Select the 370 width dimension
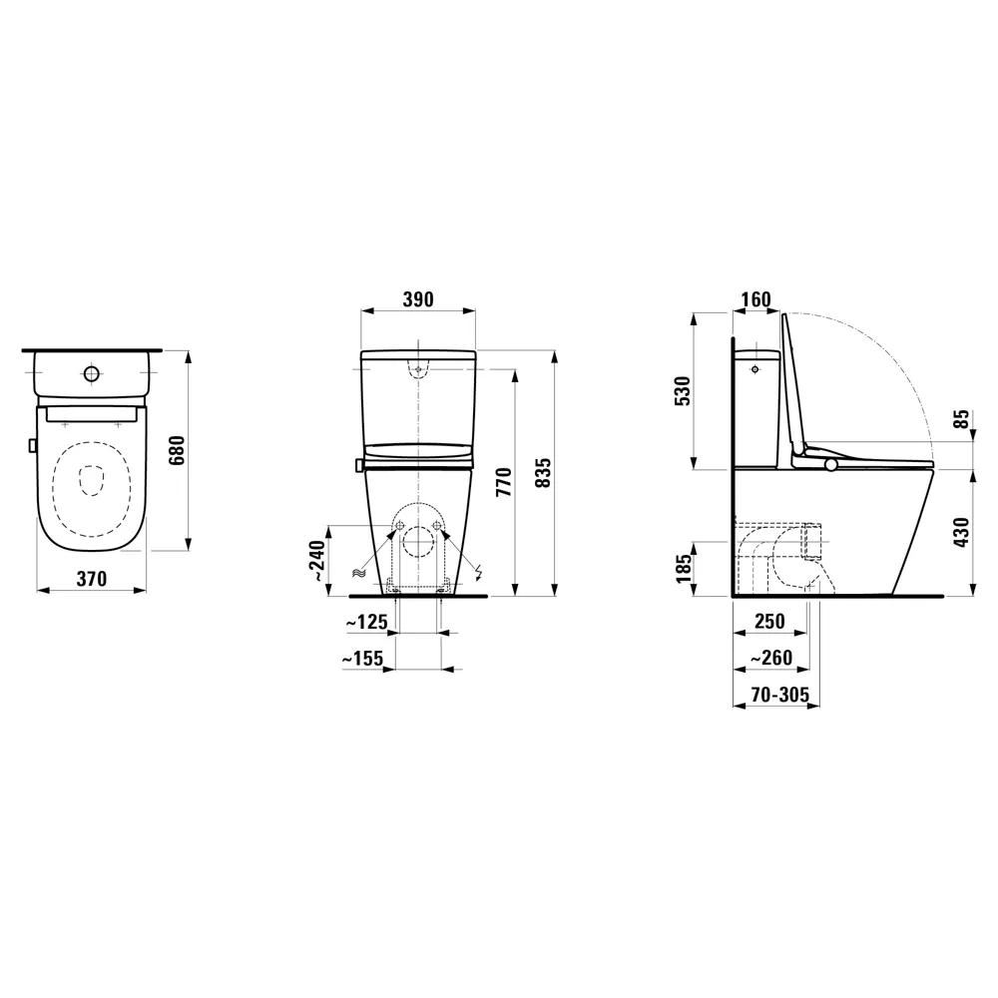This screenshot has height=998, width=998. [x=91, y=578]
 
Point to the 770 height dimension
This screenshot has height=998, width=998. [x=503, y=482]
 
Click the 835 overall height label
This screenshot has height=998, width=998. [x=543, y=471]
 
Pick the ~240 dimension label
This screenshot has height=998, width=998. [x=317, y=562]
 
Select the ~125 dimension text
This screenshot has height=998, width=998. [x=366, y=623]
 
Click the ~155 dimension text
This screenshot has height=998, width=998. [x=364, y=659]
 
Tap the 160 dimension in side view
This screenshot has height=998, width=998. [x=756, y=299]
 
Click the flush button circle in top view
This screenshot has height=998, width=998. [x=92, y=374]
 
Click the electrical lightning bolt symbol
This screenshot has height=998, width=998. [x=478, y=573]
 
